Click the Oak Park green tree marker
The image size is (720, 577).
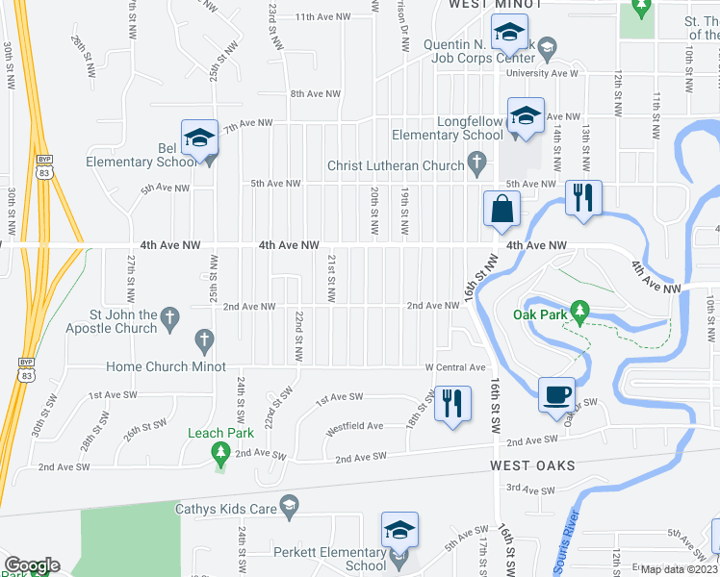(579, 311)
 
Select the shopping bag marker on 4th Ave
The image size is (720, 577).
(502, 209)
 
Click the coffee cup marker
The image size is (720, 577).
(557, 395)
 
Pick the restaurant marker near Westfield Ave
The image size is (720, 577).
(451, 401)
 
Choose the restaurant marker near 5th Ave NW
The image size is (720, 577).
(583, 197)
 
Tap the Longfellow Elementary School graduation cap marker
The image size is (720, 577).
(526, 116)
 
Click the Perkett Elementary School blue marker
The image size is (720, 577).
(400, 531)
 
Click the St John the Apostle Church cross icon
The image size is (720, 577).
(169, 316)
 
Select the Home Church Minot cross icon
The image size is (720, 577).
(203, 339)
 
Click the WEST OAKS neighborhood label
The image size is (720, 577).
(532, 465)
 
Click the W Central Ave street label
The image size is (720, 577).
(455, 367)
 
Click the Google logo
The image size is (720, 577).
(32, 565)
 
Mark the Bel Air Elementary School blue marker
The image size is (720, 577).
(199, 137)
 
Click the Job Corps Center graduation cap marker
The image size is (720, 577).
(509, 35)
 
